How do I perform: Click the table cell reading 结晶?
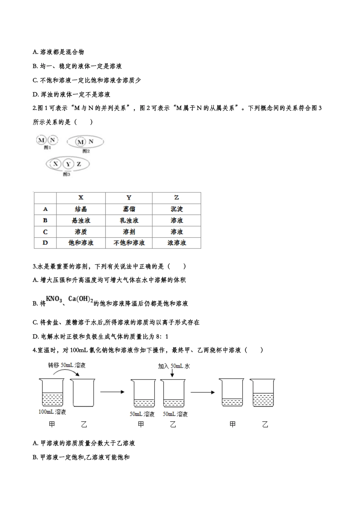pos(81,209)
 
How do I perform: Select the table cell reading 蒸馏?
pos(129,209)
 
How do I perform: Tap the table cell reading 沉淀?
pos(177,209)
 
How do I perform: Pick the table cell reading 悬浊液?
pos(81,220)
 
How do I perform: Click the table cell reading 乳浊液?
pos(129,220)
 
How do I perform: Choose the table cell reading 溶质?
pos(81,232)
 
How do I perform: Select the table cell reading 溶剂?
pos(129,232)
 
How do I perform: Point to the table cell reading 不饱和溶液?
pos(129,243)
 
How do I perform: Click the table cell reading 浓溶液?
pos(177,243)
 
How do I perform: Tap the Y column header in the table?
pos(129,198)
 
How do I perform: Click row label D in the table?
pos(45,243)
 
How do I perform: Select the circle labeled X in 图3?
pos(56,164)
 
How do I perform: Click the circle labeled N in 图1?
pos(53,140)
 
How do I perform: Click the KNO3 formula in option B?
pos(54,300)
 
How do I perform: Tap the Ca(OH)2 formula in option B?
pos(81,300)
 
